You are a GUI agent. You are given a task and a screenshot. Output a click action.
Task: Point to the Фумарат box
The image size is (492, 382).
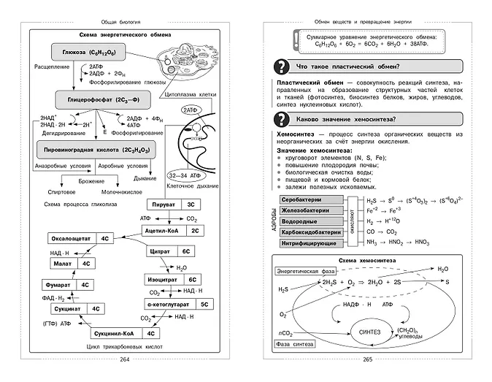72,285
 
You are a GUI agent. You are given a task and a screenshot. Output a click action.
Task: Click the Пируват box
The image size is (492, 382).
173,205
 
